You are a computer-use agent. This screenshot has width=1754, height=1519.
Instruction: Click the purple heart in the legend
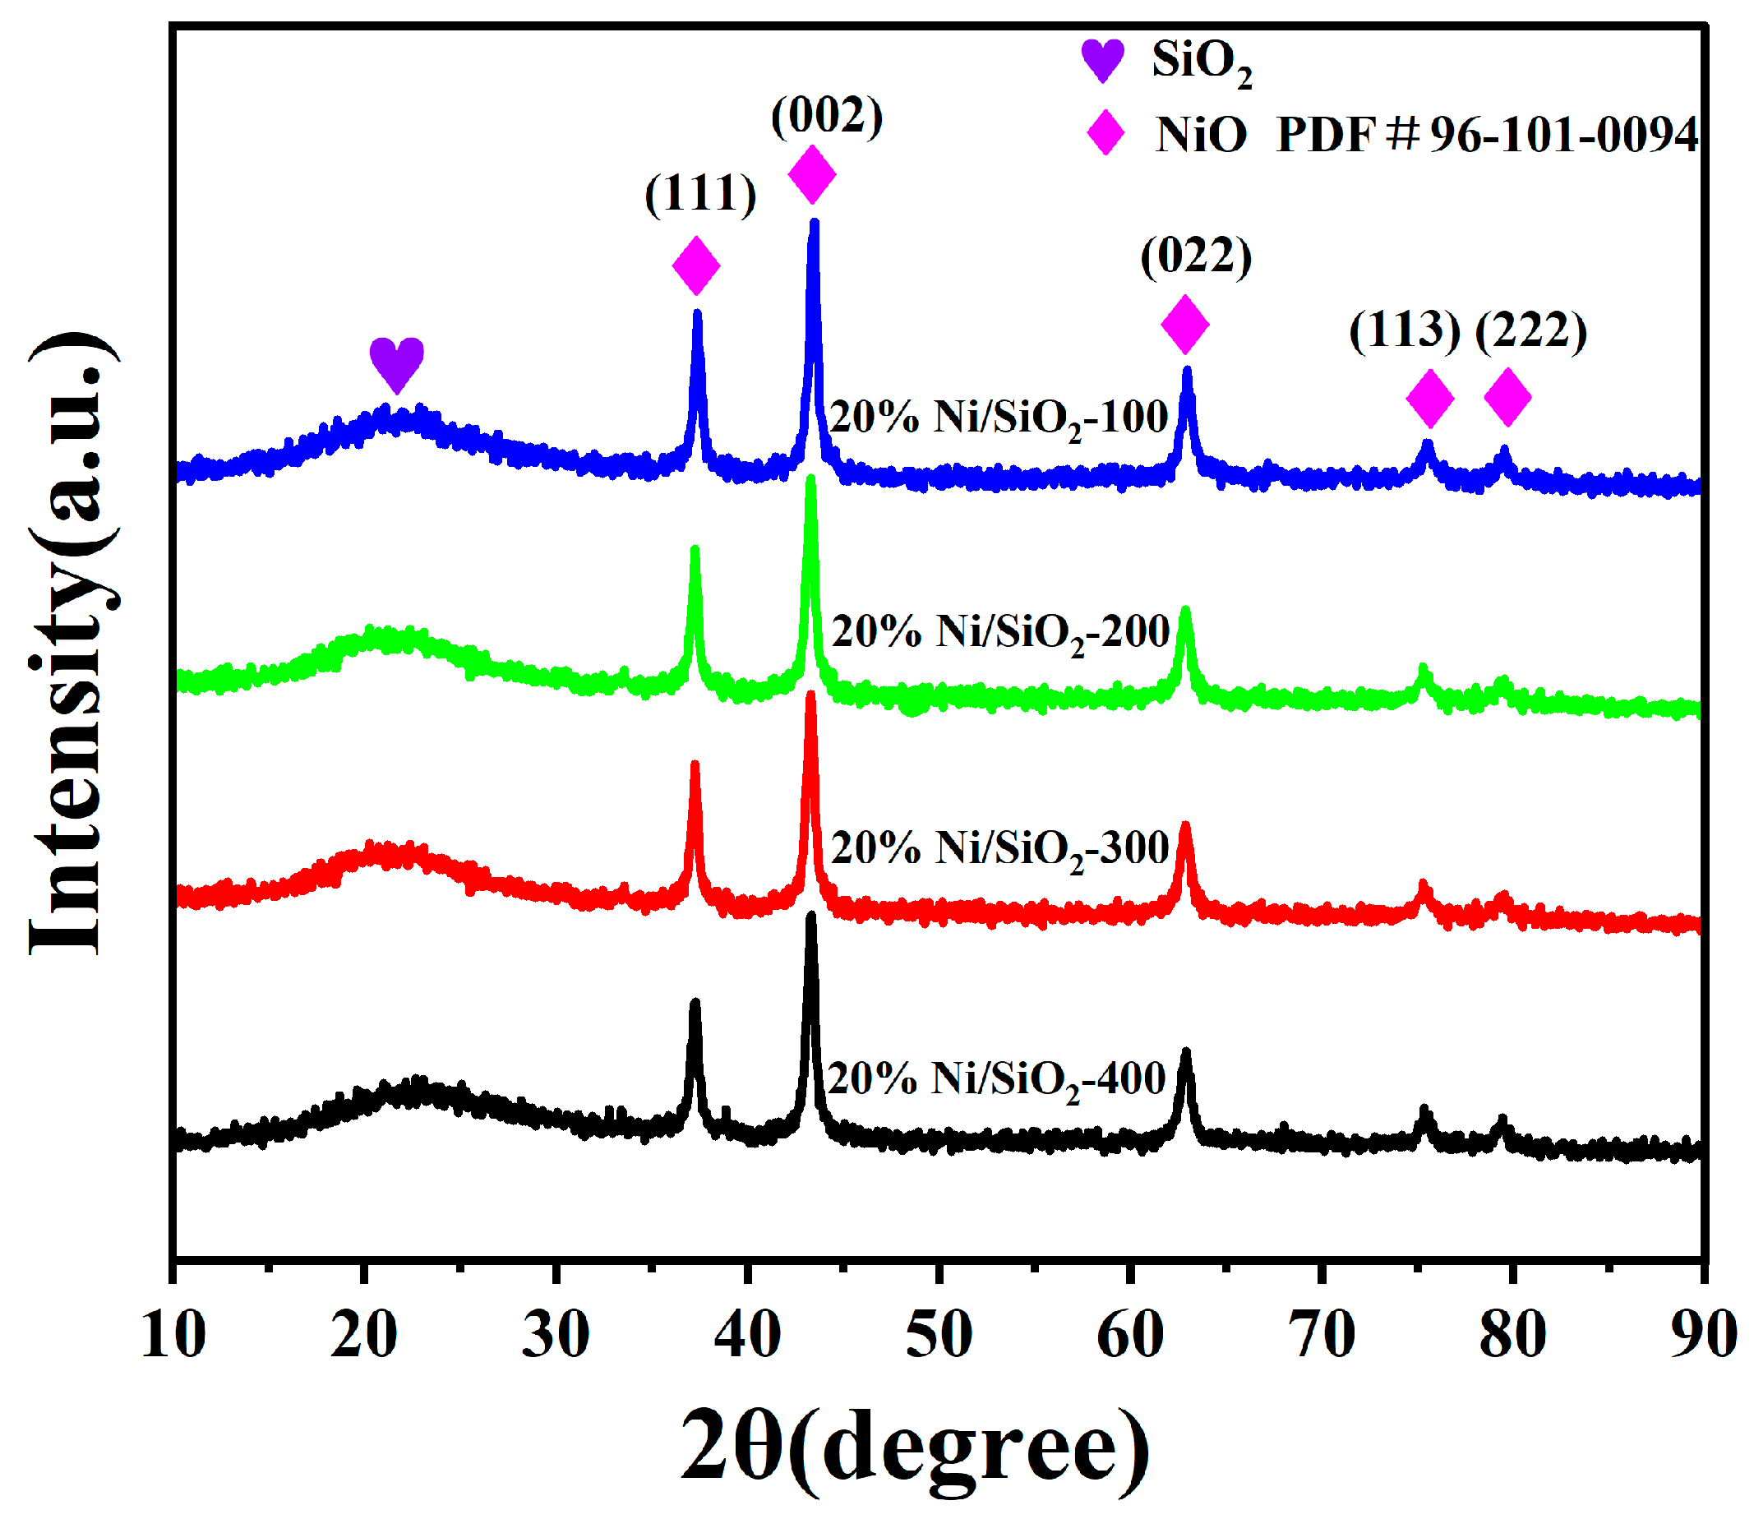pyautogui.click(x=1102, y=60)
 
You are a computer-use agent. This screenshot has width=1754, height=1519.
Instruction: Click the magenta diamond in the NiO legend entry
pyautogui.click(x=1105, y=133)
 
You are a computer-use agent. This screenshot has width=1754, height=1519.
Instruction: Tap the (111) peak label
pyautogui.click(x=700, y=194)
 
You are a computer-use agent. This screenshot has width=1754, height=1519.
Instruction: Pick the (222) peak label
pyautogui.click(x=1530, y=330)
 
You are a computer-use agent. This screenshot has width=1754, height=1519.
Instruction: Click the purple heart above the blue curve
pyautogui.click(x=397, y=363)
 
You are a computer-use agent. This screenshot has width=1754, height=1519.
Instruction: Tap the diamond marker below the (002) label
pyautogui.click(x=812, y=173)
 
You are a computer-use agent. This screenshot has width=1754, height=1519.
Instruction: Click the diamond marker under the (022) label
pyautogui.click(x=1184, y=325)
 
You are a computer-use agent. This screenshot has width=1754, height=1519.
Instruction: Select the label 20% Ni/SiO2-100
pyautogui.click(x=999, y=418)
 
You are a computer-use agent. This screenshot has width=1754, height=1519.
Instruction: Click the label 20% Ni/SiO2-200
pyautogui.click(x=1000, y=632)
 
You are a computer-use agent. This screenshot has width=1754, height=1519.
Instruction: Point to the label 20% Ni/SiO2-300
pyautogui.click(x=1000, y=848)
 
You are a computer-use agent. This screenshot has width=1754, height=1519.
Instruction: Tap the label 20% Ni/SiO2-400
pyautogui.click(x=997, y=1080)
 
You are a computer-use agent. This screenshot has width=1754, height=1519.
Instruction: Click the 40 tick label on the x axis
pyautogui.click(x=747, y=1335)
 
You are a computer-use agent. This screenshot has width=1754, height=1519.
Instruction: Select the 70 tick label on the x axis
pyautogui.click(x=1322, y=1335)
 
